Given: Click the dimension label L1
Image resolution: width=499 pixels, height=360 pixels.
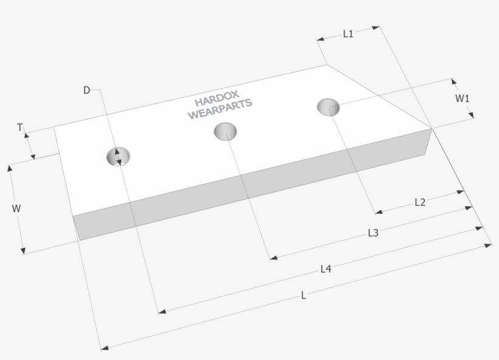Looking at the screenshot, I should click(x=348, y=34).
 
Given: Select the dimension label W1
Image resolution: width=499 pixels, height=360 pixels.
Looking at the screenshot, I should click(x=462, y=98).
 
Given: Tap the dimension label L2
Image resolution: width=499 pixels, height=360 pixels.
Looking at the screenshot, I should click(x=420, y=202).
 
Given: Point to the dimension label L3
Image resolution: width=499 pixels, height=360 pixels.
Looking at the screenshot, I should click(x=373, y=233).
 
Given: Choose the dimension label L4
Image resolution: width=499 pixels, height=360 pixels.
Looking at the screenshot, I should click(x=326, y=269).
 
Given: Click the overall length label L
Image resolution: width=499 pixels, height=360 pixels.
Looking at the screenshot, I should click(x=304, y=295).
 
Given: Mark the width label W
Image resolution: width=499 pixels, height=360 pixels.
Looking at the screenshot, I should click(x=16, y=208).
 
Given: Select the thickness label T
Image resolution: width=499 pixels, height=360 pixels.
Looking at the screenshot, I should click(x=19, y=127).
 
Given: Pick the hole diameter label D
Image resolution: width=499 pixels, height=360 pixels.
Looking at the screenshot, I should click(x=86, y=90).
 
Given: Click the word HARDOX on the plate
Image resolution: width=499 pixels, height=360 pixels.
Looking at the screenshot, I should click(x=217, y=99).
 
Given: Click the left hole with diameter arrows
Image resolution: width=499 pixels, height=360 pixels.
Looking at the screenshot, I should click(x=118, y=157).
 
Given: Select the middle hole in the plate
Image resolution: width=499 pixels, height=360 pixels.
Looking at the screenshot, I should click(x=225, y=131).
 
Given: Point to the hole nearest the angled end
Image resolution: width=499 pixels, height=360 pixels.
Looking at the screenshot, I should click(x=328, y=107).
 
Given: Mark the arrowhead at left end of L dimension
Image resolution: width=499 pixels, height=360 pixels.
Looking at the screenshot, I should click(x=105, y=348).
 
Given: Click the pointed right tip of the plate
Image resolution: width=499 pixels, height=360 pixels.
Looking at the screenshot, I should click(x=431, y=129).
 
